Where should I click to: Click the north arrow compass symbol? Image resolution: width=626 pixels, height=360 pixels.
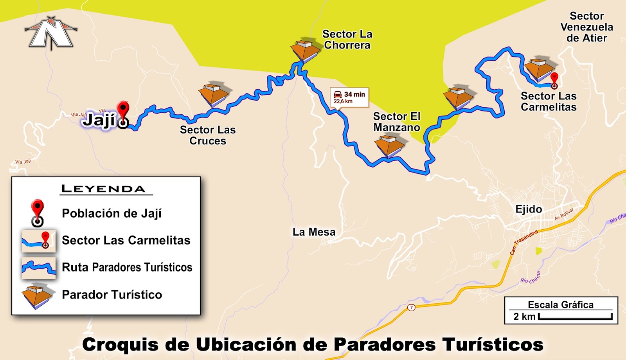(51, 33)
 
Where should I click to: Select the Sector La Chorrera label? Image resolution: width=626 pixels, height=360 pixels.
(347, 40)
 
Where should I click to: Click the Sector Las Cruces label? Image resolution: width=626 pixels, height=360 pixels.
(208, 135)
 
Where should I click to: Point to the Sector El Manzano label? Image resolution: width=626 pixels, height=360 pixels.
(397, 122)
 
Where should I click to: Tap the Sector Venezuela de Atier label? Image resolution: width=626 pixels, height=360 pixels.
(586, 27)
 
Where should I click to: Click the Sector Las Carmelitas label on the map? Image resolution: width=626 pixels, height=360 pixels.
(549, 102)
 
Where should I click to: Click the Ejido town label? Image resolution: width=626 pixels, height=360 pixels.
(529, 209)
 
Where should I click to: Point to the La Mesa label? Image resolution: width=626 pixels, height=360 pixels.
(314, 232)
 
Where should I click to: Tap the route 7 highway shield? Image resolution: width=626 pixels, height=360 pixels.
(411, 307)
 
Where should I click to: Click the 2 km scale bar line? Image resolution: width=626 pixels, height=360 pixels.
(575, 318)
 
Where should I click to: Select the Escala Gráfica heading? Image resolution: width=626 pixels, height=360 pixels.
(560, 304)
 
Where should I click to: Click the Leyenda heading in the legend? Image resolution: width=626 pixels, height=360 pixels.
(104, 189)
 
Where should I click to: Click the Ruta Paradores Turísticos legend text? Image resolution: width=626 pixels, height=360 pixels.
(127, 267)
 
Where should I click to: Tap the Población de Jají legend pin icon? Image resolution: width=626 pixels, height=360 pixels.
(38, 212)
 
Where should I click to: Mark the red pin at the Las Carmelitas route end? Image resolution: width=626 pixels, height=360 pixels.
(554, 80)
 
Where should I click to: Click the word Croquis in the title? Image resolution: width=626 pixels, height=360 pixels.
(121, 345)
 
